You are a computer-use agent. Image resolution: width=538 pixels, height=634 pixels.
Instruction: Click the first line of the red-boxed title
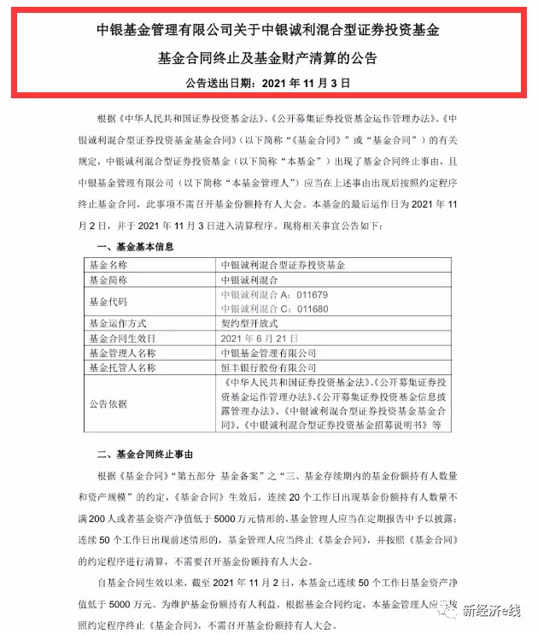point(269,32)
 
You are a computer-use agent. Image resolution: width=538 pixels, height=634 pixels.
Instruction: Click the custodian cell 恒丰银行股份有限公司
point(268,367)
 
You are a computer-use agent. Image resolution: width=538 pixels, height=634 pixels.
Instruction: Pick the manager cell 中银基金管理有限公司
point(268,353)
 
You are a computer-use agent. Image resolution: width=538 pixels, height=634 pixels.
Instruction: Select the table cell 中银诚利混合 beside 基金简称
point(249,279)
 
